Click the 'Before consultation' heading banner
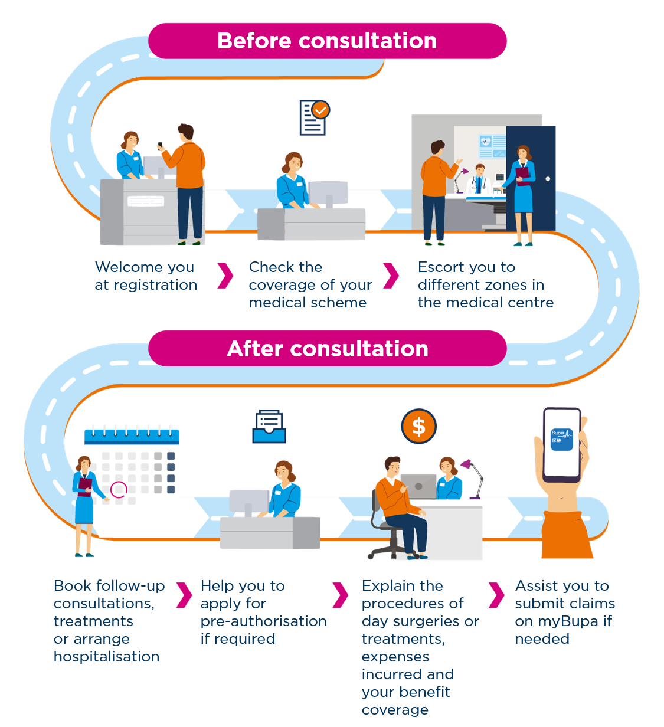tap(327, 41)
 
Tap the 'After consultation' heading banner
tap(327, 349)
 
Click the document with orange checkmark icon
tap(313, 117)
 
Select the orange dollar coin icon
tap(418, 426)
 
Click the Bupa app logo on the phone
tap(561, 439)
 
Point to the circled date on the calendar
tap(119, 489)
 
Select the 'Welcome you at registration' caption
tap(146, 276)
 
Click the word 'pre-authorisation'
tap(263, 621)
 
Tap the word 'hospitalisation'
tap(106, 657)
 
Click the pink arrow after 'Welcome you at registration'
tap(225, 276)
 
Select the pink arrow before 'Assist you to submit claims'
tap(496, 595)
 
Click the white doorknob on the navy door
tap(548, 179)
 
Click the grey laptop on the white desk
tap(418, 486)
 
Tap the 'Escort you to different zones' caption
tap(485, 284)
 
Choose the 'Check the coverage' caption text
tap(310, 284)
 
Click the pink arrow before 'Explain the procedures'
tap(339, 595)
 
